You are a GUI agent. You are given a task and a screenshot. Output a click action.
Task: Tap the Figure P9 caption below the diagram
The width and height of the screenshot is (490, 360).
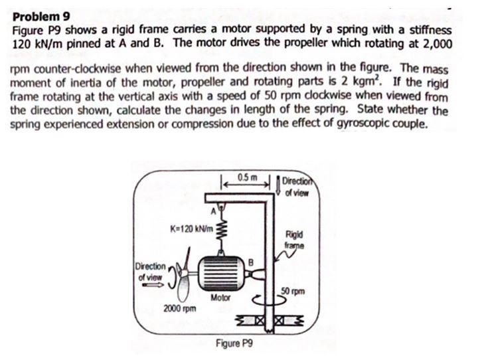(x=232, y=344)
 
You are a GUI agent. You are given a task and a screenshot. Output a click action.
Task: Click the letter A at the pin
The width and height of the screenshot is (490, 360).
(x=213, y=212)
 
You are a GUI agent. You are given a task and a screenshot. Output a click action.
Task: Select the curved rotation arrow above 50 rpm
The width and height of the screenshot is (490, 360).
(x=278, y=300)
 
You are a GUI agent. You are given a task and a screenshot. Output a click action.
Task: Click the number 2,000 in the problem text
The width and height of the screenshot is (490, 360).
(x=435, y=44)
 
